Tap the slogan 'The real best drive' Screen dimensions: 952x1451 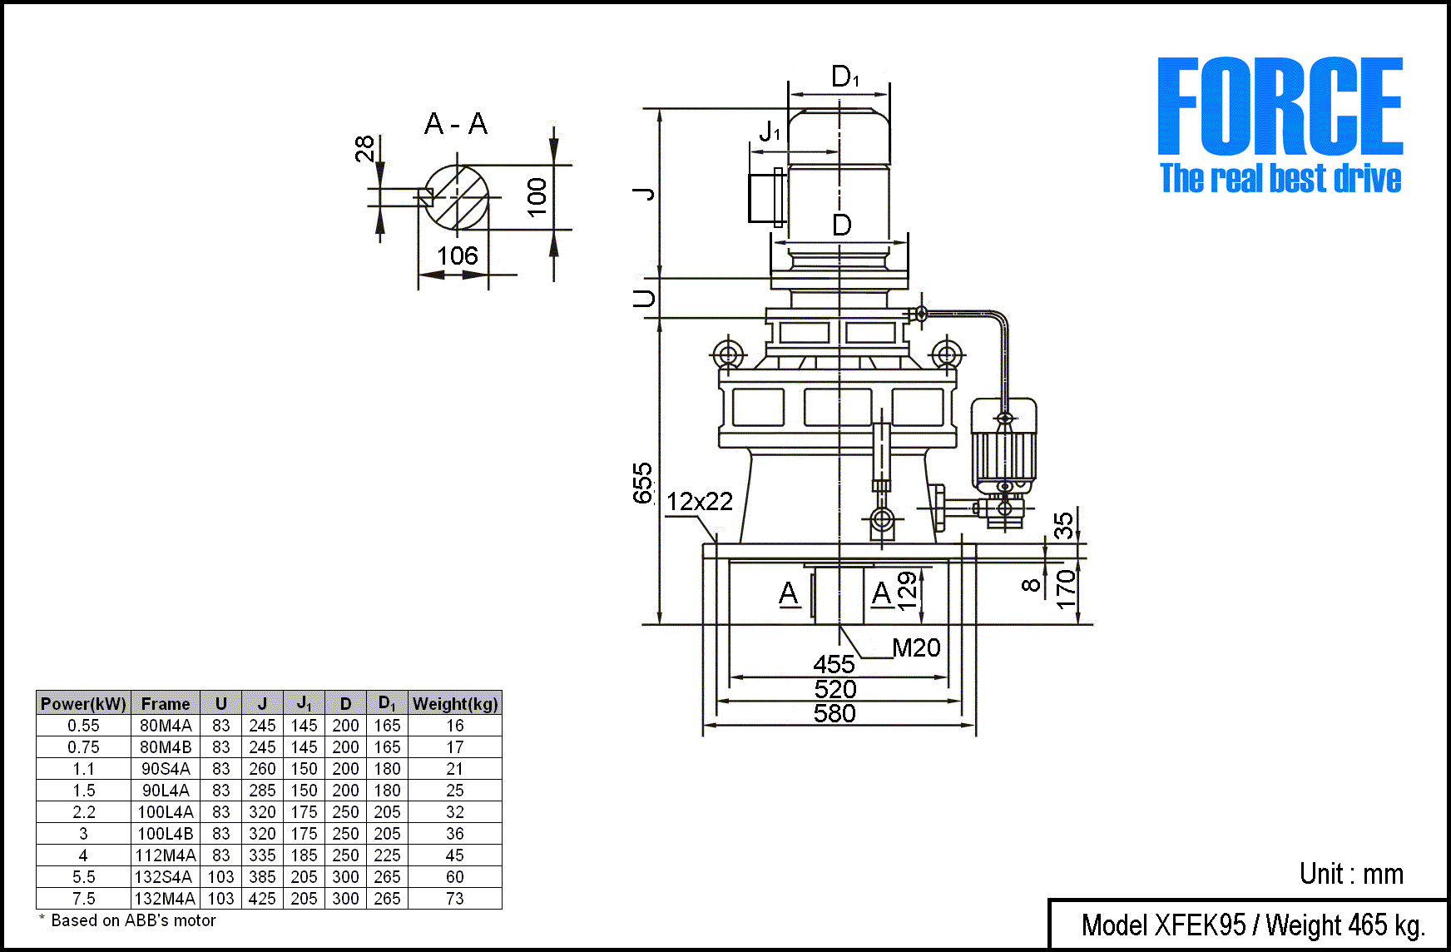point(1280,179)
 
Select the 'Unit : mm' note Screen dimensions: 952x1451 point(1351,874)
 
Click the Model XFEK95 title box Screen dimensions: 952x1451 point(1252,925)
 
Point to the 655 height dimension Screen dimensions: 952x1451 point(643,483)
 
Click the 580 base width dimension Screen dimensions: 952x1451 point(834,714)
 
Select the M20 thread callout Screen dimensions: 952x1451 point(916,647)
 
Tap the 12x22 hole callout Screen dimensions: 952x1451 point(700,501)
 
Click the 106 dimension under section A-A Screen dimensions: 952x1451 point(458,255)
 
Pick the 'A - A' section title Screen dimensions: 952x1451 point(456,124)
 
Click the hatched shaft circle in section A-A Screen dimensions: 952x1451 point(457,197)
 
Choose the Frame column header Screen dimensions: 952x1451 point(166,703)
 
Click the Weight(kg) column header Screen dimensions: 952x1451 point(455,703)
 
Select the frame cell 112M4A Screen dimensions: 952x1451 point(166,855)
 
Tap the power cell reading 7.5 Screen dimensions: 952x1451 point(83,898)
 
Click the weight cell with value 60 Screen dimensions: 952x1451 point(455,876)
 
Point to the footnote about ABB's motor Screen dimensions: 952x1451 point(128,920)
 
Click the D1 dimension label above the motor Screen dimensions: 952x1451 point(845,77)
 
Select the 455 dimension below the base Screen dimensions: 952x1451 point(834,664)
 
